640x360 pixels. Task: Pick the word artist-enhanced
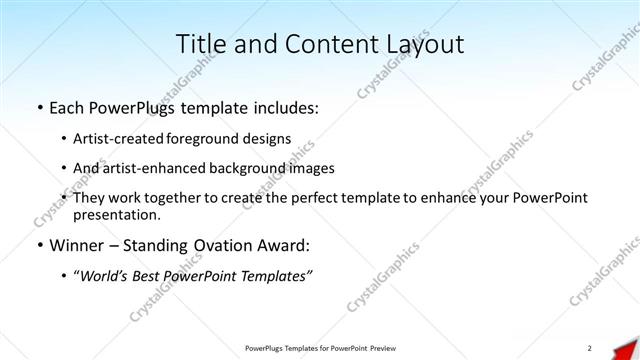point(158,168)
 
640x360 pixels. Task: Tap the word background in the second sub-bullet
point(262,168)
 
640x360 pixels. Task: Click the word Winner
point(76,245)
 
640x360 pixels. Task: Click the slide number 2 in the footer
point(590,347)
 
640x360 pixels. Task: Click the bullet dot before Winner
point(38,245)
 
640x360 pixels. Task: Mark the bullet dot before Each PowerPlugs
point(38,105)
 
